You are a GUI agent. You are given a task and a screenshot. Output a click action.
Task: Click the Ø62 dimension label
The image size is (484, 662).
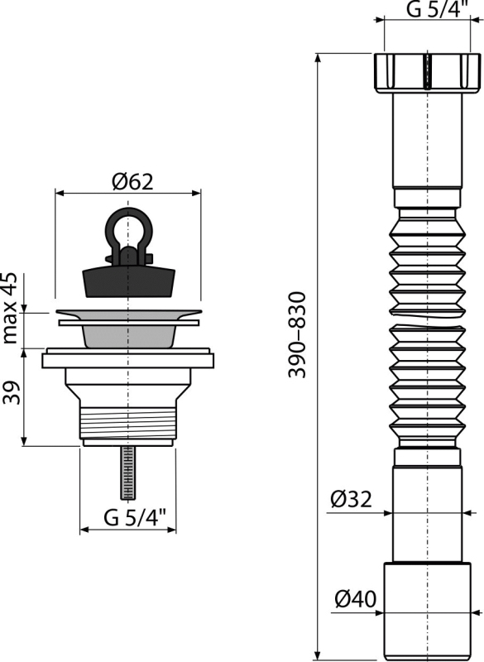133,182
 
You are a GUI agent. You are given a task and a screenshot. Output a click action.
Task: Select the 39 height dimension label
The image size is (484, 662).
12,392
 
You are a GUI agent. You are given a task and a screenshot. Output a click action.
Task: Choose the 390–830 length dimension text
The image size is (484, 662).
296,335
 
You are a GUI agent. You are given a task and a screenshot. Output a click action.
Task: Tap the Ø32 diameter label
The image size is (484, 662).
352,499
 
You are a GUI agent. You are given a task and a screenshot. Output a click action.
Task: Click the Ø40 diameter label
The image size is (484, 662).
355,598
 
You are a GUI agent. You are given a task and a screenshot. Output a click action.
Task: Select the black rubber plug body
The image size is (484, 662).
128,280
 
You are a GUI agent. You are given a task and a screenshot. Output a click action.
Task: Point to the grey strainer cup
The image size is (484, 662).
128,336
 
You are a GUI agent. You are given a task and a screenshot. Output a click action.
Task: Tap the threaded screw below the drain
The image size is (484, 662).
128,473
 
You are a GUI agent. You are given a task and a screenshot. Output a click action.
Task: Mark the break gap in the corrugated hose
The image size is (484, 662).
427,319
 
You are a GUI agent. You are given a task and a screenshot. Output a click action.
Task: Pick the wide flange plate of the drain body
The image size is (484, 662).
128,361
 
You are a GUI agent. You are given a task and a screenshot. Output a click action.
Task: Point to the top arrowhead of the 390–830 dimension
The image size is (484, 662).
317,58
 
